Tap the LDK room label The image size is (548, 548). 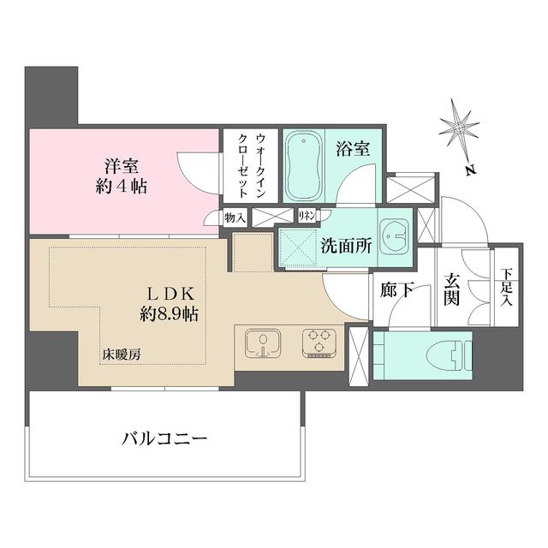[x=170, y=295]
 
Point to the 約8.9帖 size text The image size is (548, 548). [x=170, y=314]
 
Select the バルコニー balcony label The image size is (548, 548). [x=164, y=438]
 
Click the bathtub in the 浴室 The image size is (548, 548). [x=303, y=166]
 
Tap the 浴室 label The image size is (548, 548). [x=353, y=149]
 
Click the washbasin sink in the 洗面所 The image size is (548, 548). [x=395, y=236]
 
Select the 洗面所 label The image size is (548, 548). [x=346, y=246]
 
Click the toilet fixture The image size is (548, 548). [x=449, y=355]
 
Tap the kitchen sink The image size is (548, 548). [x=263, y=343]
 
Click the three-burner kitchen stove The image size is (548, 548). [x=319, y=343]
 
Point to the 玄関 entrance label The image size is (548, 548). [x=451, y=289]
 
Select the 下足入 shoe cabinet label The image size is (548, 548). [x=506, y=288]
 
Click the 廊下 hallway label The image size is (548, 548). [x=397, y=289]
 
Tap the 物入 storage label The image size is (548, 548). [x=235, y=219]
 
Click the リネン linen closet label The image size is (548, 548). [x=307, y=216]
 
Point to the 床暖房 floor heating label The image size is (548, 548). [x=122, y=355]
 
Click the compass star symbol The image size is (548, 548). [x=459, y=128]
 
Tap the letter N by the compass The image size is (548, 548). [x=471, y=170]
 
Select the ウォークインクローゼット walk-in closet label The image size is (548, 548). [x=251, y=165]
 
